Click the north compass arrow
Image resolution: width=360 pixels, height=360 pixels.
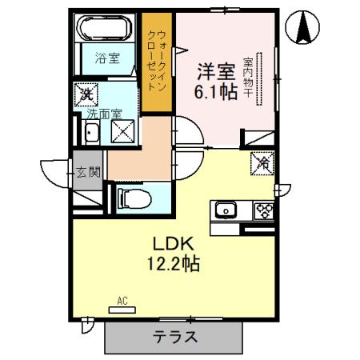305,29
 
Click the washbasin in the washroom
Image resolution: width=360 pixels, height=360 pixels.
91,134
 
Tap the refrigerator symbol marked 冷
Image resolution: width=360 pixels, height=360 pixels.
264,162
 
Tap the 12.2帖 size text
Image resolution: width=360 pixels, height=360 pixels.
172,262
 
